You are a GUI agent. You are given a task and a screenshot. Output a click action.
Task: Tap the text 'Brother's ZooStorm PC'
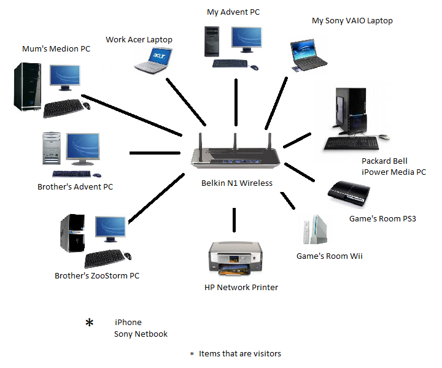[97, 276]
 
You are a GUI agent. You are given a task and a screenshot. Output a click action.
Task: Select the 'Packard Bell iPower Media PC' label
[394, 167]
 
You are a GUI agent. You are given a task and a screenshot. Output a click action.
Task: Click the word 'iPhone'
[128, 323]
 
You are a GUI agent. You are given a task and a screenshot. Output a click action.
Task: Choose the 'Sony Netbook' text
[141, 334]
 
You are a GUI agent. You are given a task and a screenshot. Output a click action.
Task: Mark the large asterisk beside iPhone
[90, 323]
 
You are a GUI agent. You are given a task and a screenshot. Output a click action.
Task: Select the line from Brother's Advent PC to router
[153, 153]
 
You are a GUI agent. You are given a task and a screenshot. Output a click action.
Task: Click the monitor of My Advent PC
[248, 40]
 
